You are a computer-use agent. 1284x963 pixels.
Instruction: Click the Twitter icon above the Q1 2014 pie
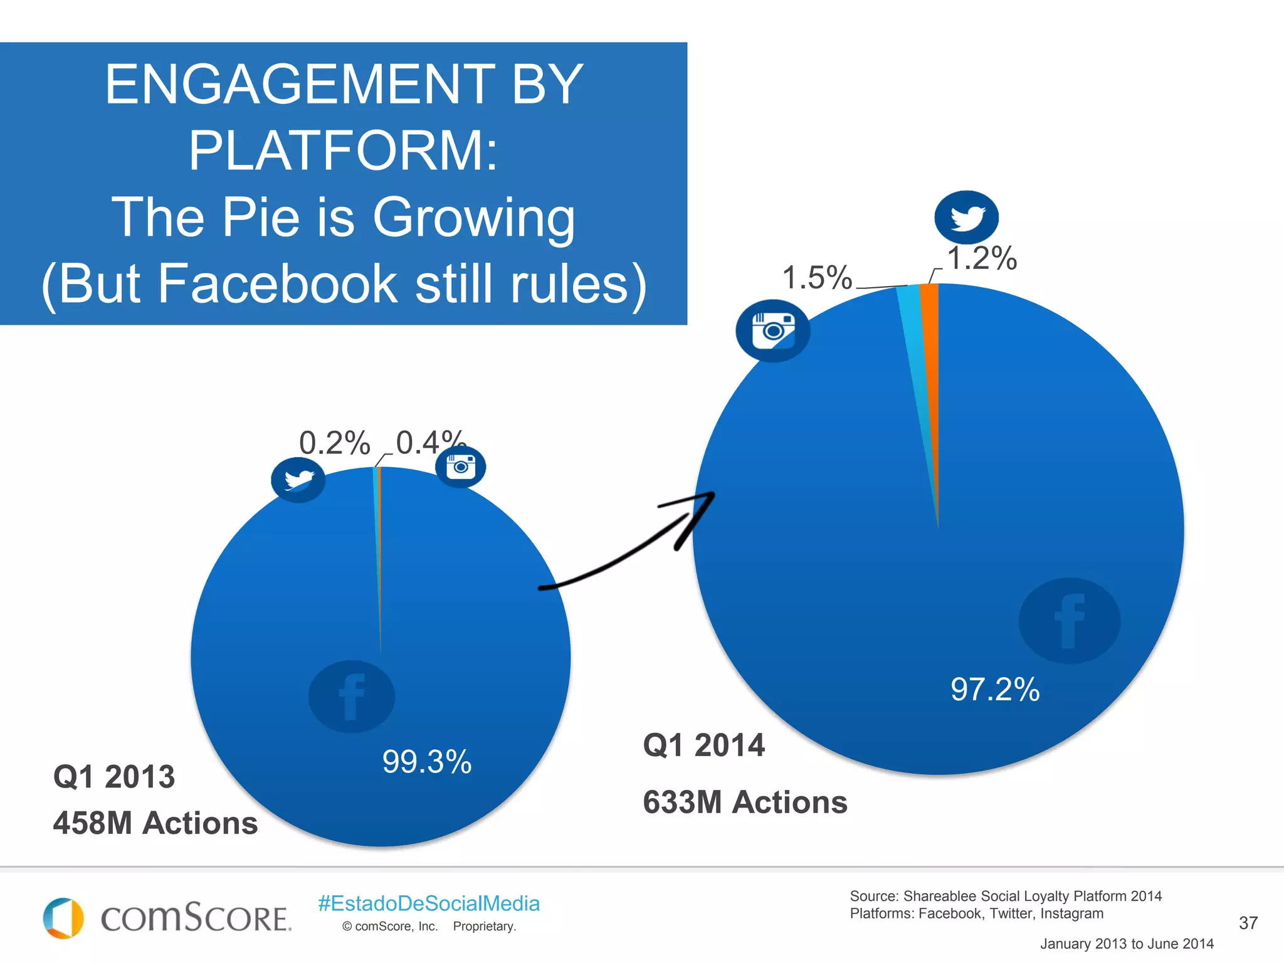pos(966,218)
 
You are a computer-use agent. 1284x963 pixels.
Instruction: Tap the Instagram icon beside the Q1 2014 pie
pos(772,330)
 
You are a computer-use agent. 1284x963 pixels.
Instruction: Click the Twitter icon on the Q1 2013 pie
pos(298,480)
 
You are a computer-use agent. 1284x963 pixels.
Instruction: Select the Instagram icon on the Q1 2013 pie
pos(461,466)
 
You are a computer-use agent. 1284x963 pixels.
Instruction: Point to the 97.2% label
pos(995,689)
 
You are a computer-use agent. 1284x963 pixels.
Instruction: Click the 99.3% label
pos(427,762)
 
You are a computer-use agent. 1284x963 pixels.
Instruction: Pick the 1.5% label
pos(817,277)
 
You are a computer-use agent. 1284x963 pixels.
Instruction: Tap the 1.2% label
pos(982,258)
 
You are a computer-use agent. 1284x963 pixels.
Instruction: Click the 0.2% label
pos(334,443)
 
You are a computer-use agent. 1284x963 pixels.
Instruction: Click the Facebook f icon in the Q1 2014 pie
pos(1069,621)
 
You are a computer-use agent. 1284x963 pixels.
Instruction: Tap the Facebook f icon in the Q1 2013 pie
pos(352,697)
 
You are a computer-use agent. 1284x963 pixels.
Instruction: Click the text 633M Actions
pos(745,802)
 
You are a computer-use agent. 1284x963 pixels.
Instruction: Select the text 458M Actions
pos(155,823)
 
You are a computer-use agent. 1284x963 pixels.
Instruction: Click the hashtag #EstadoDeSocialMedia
pos(429,903)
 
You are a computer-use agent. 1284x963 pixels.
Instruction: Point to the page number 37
pos(1248,923)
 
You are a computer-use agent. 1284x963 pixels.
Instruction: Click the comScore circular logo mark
pos(63,918)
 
